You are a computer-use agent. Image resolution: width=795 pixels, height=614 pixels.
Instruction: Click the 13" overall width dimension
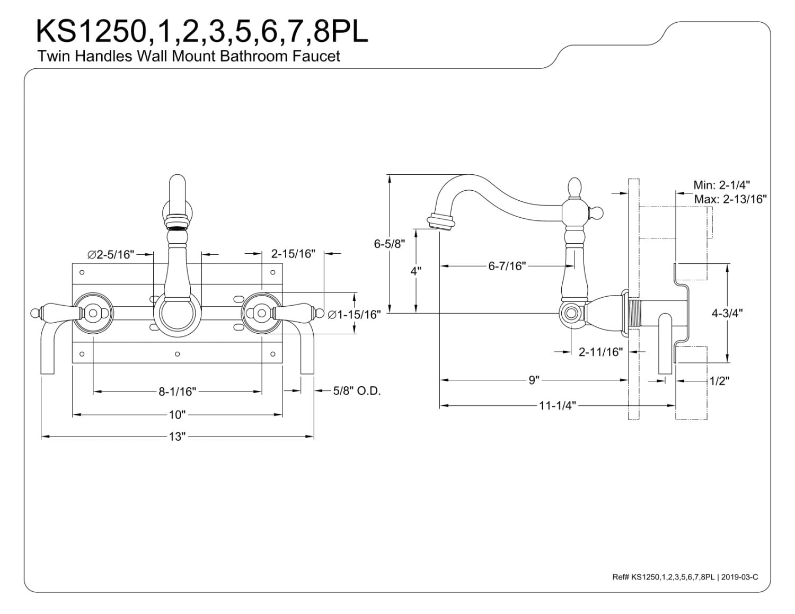tap(178, 437)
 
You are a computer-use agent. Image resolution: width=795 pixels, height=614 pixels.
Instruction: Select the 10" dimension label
tap(178, 415)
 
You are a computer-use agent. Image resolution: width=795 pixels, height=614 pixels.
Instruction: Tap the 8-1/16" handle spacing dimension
tap(178, 391)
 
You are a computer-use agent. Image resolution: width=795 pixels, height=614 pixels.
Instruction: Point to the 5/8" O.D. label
tap(357, 391)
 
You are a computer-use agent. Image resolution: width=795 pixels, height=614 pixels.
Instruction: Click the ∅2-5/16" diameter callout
tap(111, 254)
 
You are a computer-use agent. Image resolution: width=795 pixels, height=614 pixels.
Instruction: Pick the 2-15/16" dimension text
tap(293, 253)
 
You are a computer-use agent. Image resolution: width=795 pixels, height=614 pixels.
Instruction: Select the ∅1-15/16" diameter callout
tap(354, 314)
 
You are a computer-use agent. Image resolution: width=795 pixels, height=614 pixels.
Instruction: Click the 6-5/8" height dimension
tap(390, 244)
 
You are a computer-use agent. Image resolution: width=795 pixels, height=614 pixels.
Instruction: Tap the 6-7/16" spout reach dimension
tap(507, 266)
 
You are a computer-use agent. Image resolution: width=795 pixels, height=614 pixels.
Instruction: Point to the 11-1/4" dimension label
tap(558, 406)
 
